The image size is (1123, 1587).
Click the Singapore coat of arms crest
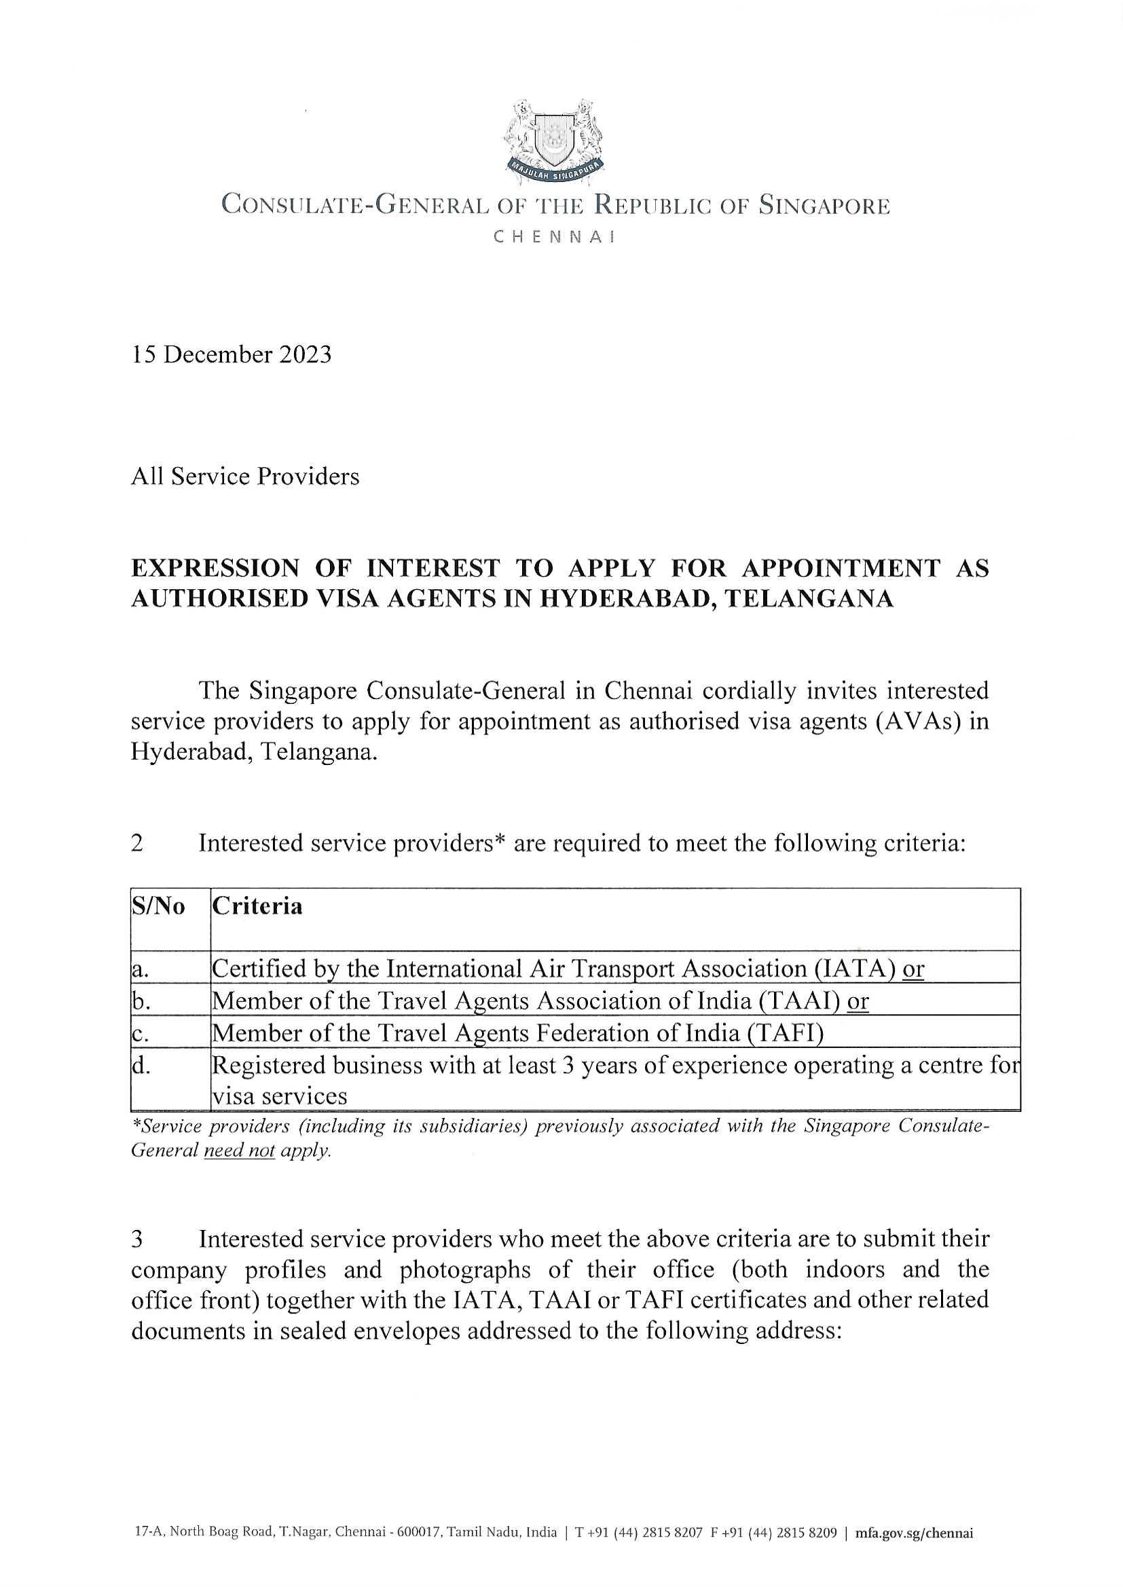click(554, 141)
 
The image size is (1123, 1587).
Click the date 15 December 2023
click(231, 354)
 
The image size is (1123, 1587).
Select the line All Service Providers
click(245, 477)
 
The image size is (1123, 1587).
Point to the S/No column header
click(158, 906)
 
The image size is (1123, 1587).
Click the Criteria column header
click(257, 906)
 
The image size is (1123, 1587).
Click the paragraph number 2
click(137, 843)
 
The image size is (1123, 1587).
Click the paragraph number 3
click(137, 1239)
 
